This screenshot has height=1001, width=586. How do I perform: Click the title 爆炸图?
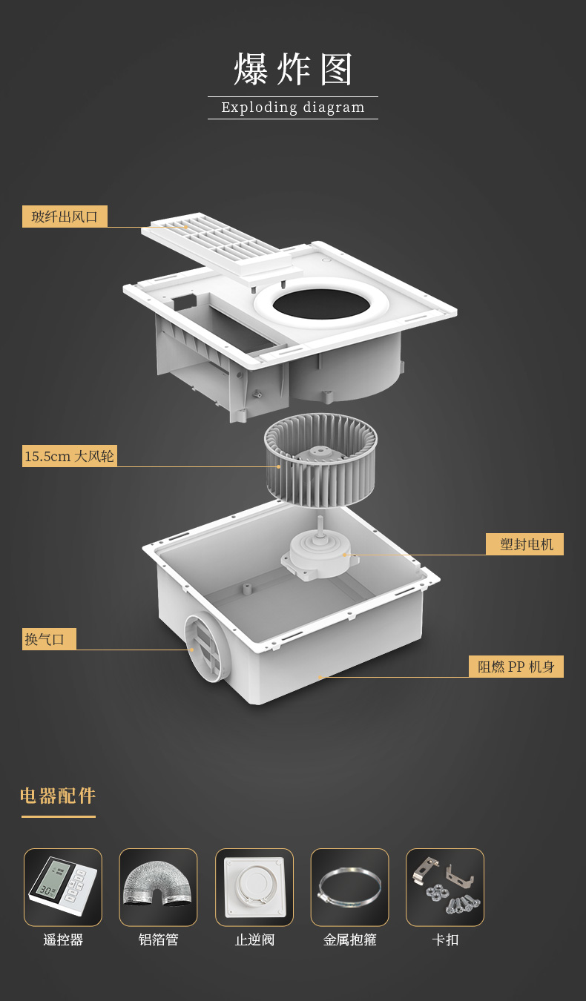pos(293,69)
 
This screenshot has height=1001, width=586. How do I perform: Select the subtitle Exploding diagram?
pos(293,108)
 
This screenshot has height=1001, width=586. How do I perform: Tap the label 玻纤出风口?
pos(65,217)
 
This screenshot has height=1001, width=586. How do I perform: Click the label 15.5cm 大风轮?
pos(70,456)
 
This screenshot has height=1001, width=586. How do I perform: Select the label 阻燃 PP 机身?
pos(516,667)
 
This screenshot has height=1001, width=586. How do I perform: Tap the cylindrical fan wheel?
pos(320,460)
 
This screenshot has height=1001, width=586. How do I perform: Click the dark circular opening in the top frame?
pos(321,304)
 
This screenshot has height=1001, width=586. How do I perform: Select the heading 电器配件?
pos(58,796)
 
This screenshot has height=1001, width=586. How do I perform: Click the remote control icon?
pos(63,887)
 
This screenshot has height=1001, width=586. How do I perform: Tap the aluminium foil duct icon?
pos(158,887)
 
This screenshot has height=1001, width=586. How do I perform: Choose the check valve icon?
pos(254,887)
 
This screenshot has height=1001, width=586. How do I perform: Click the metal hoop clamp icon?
pos(350,887)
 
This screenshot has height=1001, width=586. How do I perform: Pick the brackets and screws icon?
pos(445,887)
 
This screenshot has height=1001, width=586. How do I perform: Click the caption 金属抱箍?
pos(350,939)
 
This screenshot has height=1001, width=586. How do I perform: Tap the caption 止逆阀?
pos(254,939)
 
